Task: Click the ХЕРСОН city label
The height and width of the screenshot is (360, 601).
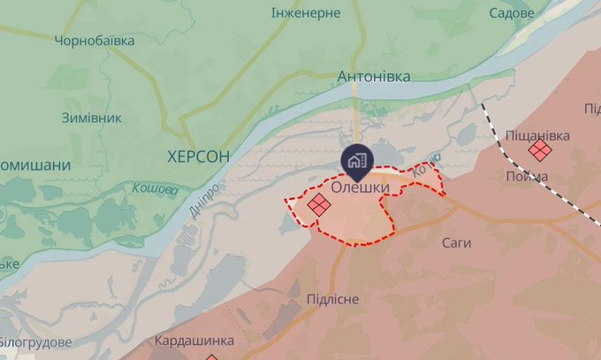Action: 198,156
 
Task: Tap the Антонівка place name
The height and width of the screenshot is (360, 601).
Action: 374,77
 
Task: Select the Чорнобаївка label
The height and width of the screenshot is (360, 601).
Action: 95,41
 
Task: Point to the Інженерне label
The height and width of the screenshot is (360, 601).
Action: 307,13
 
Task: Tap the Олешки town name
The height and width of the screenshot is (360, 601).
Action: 361,188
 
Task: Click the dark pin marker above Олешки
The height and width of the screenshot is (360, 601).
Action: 357,160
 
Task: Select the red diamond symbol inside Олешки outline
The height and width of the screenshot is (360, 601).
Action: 318,205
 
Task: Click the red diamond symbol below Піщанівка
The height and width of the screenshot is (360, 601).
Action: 539,151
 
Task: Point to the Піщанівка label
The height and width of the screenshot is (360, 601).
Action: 538,135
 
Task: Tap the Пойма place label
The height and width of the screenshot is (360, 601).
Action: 528,176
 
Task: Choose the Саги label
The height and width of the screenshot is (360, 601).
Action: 457,242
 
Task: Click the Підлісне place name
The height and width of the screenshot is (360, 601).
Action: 332,299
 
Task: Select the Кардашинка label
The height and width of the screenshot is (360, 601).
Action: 194,341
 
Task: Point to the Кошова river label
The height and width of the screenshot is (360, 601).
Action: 155,188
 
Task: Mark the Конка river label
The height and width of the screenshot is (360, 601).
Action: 425,162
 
